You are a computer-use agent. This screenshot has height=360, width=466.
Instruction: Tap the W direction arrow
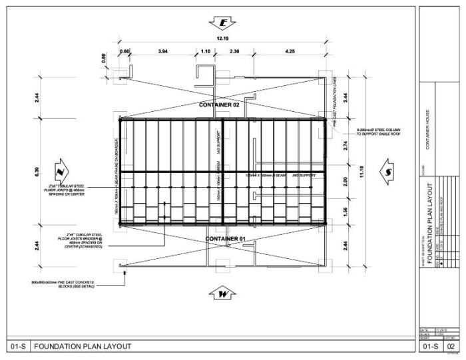tap(223, 293)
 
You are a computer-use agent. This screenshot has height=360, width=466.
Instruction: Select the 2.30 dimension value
tap(234, 51)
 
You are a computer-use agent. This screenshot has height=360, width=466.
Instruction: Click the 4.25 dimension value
tap(290, 51)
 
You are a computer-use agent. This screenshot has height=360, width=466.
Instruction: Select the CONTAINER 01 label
tap(225, 238)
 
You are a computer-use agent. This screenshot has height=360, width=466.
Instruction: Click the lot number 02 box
tap(451, 346)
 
